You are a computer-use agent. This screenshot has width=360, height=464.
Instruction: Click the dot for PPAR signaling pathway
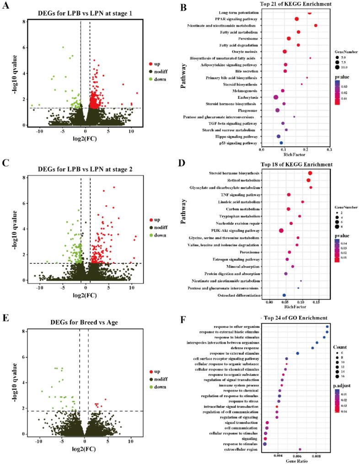tap(296, 19)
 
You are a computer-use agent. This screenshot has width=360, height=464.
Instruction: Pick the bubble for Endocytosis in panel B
tap(276, 97)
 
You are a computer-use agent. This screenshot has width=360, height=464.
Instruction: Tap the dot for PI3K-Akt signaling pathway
tap(281, 230)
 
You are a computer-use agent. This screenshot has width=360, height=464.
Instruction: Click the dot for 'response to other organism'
tap(327, 326)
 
